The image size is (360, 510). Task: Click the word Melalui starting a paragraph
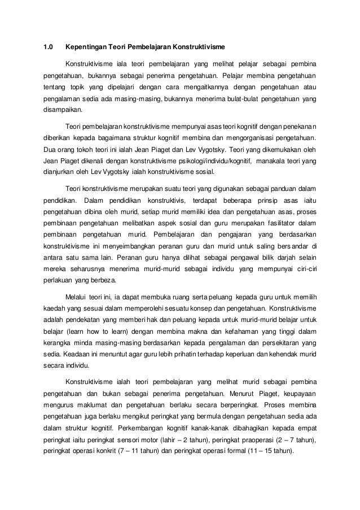tap(78, 296)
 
